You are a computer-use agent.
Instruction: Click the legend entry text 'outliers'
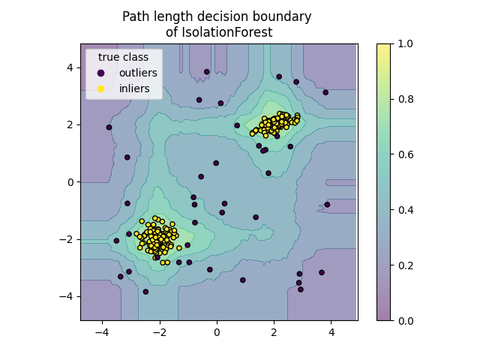point(138,73)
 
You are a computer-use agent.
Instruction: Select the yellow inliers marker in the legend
point(101,88)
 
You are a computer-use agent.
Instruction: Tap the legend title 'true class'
point(123,57)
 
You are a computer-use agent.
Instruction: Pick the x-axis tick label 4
point(331,331)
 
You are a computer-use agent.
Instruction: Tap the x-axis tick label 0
point(217,331)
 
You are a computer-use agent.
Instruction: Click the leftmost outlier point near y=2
point(109,127)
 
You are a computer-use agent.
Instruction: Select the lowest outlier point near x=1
point(242,280)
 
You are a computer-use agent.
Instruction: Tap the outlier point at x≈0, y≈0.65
point(216,163)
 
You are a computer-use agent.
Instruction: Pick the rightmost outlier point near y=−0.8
point(327,205)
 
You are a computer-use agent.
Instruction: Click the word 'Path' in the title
point(136,16)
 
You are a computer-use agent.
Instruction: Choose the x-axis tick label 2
point(274,331)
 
